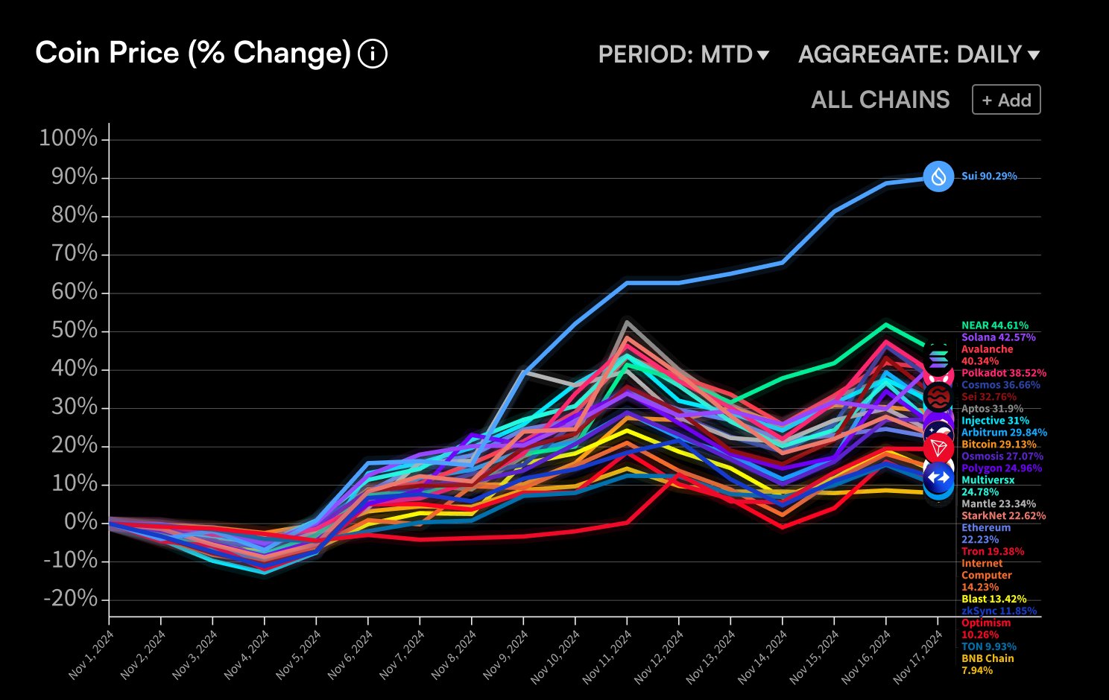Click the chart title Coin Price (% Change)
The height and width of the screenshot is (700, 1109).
click(x=193, y=54)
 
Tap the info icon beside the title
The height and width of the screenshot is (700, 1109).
click(x=373, y=54)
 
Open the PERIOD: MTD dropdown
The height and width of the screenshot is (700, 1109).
click(x=683, y=54)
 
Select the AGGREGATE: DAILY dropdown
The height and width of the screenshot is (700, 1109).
click(x=918, y=54)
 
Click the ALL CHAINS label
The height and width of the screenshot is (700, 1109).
click(x=880, y=100)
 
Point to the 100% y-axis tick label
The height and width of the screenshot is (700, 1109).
click(x=69, y=139)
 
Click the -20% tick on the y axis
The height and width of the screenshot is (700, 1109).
click(x=70, y=599)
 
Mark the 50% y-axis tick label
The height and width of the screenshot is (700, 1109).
click(x=74, y=330)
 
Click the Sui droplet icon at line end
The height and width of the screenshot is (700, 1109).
click(x=938, y=176)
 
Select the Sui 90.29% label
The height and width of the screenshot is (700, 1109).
click(x=989, y=176)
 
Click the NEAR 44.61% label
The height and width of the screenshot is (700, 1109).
click(x=994, y=325)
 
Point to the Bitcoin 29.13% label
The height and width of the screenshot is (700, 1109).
click(x=998, y=445)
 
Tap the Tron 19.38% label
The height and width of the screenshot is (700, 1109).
click(x=992, y=552)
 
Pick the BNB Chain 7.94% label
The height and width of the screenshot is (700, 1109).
click(x=987, y=664)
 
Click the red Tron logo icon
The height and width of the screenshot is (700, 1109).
click(x=938, y=448)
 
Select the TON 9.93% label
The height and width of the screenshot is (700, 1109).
click(x=988, y=647)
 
